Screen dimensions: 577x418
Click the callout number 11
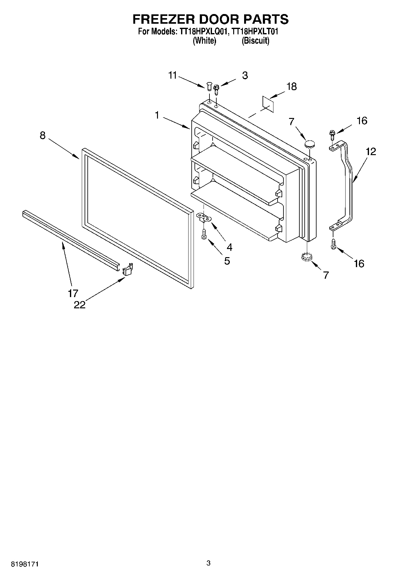173,76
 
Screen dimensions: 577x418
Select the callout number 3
245,75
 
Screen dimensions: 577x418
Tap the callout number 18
292,86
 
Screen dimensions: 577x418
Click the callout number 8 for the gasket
43,135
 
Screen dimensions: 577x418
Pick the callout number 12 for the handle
371,152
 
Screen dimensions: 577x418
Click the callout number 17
73,293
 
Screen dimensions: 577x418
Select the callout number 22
80,305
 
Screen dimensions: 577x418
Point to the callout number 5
227,261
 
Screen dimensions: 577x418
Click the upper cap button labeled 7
309,144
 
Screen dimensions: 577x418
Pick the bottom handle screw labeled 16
333,244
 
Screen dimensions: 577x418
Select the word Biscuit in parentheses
255,41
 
